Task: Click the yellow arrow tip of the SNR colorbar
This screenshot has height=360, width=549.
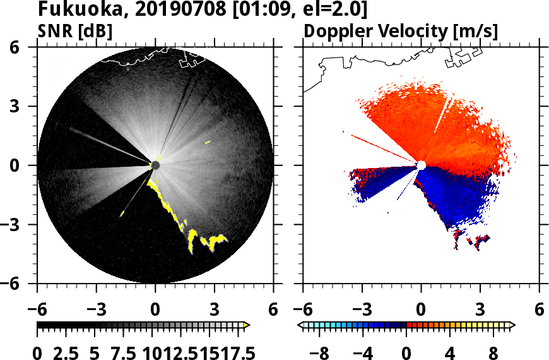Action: [x=247, y=325]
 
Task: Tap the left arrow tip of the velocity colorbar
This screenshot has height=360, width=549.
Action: [x=300, y=325]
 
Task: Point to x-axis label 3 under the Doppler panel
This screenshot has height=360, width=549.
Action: [x=480, y=309]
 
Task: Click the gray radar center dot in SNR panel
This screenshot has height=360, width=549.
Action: [x=155, y=165]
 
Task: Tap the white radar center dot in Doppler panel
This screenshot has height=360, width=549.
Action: [x=421, y=165]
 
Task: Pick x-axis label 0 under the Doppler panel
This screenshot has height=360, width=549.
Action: [x=421, y=309]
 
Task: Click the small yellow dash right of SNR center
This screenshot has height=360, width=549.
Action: [x=208, y=143]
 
